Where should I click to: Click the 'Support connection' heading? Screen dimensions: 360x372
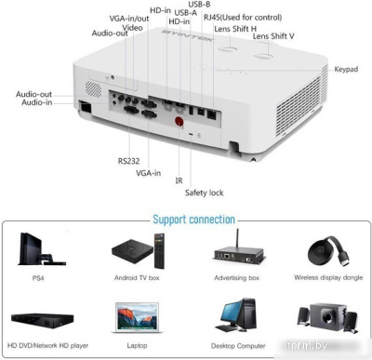pos(193,220)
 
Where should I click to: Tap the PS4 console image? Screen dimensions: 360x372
pos(38,249)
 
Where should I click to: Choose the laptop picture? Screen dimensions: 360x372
pos(136,318)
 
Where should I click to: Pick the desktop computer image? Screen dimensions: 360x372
pos(234,318)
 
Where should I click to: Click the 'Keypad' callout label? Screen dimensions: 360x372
pos(347,70)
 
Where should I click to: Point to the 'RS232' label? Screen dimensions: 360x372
pos(128,160)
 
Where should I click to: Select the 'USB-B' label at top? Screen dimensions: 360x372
pos(199,5)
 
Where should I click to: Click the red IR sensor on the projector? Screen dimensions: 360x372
pos(179,121)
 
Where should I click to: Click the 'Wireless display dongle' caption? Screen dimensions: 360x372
pos(326,278)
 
